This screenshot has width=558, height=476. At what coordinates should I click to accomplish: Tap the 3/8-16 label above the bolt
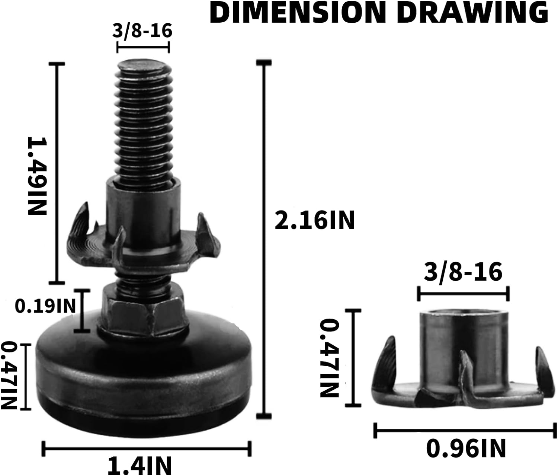coord(142,31)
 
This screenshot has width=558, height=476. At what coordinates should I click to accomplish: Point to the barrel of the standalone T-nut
coord(463,342)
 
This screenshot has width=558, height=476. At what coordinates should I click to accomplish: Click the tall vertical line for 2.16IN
coord(264,238)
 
